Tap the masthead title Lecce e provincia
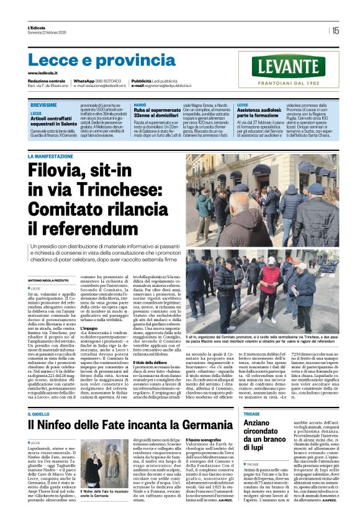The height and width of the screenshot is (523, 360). [93, 60]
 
